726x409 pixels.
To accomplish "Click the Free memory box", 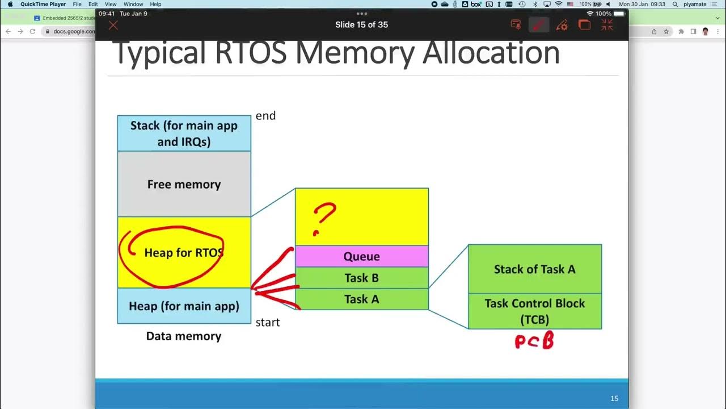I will pyautogui.click(x=184, y=184).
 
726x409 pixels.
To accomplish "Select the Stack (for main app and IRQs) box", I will pyautogui.click(x=184, y=133).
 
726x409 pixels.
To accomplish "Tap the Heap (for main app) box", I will pyautogui.click(x=184, y=306).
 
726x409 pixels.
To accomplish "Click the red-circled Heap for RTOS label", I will pyautogui.click(x=184, y=252).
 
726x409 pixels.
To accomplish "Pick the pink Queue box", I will pyautogui.click(x=361, y=257).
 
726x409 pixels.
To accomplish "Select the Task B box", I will pyautogui.click(x=361, y=278).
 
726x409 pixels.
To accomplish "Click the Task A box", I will pyautogui.click(x=361, y=299).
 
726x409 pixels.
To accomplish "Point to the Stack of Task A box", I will pyautogui.click(x=534, y=269).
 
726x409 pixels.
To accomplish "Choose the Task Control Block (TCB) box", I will pyautogui.click(x=534, y=311).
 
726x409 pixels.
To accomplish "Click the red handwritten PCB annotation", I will pyautogui.click(x=534, y=341).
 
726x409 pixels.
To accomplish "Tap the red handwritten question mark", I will pyautogui.click(x=324, y=219).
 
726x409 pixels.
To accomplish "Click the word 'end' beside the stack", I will pyautogui.click(x=265, y=116).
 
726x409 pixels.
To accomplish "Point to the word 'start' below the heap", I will pyautogui.click(x=268, y=323).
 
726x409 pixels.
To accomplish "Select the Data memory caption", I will pyautogui.click(x=184, y=336).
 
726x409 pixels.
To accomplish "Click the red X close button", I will pyautogui.click(x=113, y=25).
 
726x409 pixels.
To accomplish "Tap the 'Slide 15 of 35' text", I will pyautogui.click(x=361, y=25).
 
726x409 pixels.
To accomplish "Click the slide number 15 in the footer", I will pyautogui.click(x=614, y=399).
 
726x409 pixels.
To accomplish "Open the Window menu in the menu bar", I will pyautogui.click(x=133, y=4).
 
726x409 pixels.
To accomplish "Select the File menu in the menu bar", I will pyautogui.click(x=77, y=4).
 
